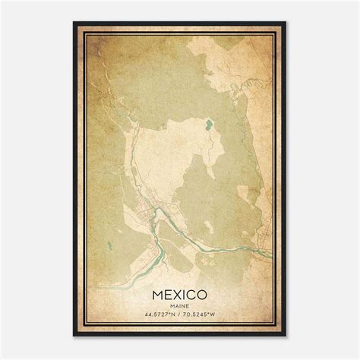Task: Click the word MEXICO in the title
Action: tap(180, 292)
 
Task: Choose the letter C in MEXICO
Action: tap(192, 292)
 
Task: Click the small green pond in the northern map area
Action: tap(206, 123)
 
